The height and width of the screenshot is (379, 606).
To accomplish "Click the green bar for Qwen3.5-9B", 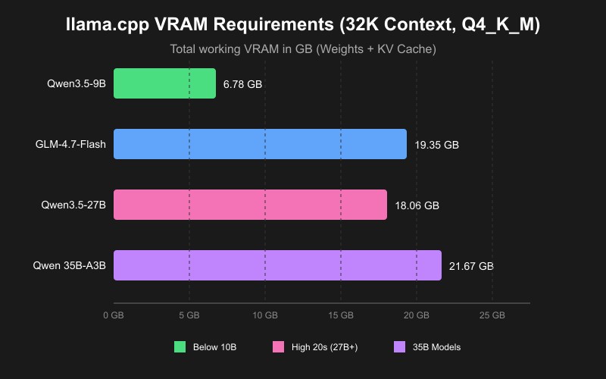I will click(164, 83).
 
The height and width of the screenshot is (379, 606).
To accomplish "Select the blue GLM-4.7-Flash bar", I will click(260, 144).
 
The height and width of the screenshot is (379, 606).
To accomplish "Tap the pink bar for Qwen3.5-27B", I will click(250, 205).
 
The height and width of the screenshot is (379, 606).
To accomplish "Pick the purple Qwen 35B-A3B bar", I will click(277, 265).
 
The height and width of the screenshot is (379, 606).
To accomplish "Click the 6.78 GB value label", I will click(242, 84).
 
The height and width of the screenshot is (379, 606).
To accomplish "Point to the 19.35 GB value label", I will click(436, 145).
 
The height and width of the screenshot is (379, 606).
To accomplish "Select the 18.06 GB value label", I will click(417, 205).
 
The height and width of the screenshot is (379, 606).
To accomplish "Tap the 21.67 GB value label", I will click(471, 266).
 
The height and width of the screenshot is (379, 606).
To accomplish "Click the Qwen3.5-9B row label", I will click(76, 83).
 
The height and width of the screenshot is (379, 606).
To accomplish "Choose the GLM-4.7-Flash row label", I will click(70, 144).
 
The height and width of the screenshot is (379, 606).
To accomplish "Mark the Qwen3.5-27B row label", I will click(73, 205).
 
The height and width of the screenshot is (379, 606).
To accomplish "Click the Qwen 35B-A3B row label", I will click(69, 265).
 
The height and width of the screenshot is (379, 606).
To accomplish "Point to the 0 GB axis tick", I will click(114, 315).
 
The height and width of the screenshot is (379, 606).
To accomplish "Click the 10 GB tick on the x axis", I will click(265, 315).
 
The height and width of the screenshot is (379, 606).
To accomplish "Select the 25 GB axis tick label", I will click(492, 315).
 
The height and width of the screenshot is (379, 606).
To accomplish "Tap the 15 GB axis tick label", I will click(341, 315).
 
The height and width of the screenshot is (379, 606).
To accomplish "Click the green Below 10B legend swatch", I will click(180, 347).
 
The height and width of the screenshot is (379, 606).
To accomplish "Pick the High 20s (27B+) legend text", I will click(324, 347).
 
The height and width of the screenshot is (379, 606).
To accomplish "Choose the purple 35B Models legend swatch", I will click(401, 347).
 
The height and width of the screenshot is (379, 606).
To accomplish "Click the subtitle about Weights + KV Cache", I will click(303, 49).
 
